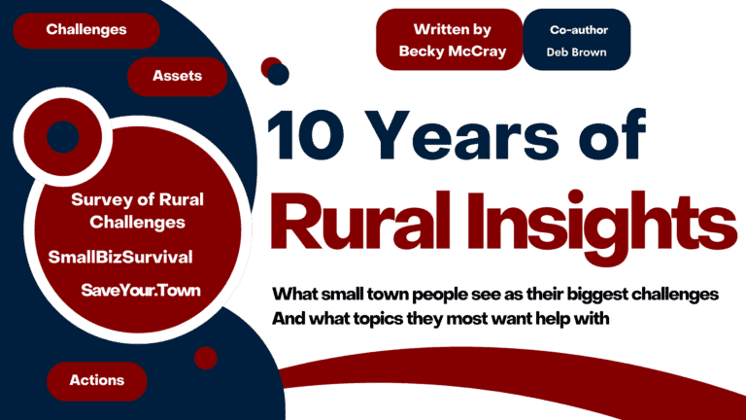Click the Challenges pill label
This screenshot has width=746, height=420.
86,29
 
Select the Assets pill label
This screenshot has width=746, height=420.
177,75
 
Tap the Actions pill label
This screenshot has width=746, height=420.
96,380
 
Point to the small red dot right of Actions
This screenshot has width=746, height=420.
205,358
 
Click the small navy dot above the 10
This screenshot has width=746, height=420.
279,74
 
